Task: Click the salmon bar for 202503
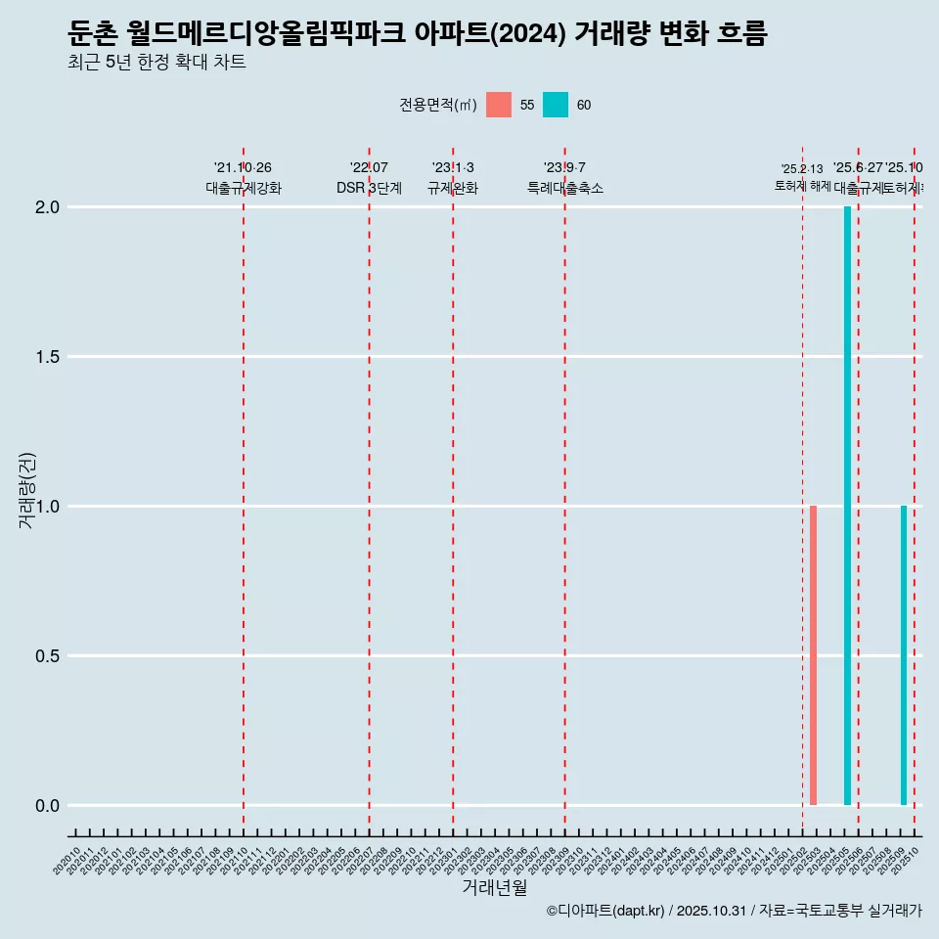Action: point(813,655)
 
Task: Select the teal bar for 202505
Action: point(847,506)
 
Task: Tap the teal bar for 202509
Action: point(904,655)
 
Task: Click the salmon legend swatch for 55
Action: point(499,105)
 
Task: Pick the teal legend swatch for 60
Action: point(556,105)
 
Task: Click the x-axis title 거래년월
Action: point(494,888)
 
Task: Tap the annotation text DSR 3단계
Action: point(370,189)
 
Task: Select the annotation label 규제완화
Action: point(453,189)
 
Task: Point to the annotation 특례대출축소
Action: point(565,189)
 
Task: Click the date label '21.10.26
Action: point(243,168)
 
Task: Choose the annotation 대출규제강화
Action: point(244,189)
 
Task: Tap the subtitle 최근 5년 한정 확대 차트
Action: point(156,63)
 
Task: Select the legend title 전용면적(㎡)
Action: point(438,106)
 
